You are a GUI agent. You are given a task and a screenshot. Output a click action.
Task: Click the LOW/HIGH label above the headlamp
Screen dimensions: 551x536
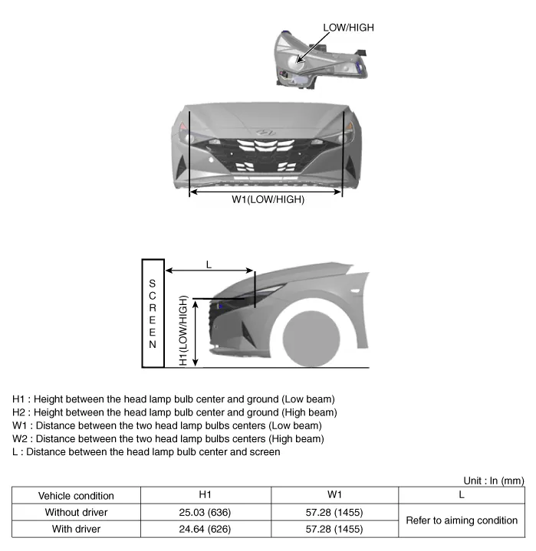tap(348, 28)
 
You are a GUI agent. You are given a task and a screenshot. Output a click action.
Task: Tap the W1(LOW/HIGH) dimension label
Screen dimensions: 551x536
tap(268, 200)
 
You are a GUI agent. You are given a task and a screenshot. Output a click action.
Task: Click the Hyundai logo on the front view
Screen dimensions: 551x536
tap(266, 133)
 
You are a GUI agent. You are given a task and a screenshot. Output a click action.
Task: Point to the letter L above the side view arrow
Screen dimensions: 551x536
tap(209, 264)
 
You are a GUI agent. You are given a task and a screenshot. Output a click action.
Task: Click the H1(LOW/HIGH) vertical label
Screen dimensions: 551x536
tap(184, 330)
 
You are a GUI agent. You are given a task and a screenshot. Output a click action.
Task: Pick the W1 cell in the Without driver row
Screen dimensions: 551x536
tap(333, 512)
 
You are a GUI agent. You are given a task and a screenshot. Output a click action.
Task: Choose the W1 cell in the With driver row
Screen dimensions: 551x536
tap(333, 528)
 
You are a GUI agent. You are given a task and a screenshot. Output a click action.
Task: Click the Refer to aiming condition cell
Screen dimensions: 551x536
tap(462, 520)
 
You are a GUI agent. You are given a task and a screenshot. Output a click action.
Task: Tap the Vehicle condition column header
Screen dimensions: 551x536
tap(76, 496)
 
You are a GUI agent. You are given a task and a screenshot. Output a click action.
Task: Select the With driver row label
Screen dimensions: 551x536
tap(76, 528)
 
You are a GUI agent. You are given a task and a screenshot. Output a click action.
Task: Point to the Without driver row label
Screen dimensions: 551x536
tap(76, 512)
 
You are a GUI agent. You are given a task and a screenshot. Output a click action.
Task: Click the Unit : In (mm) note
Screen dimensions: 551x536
tap(494, 480)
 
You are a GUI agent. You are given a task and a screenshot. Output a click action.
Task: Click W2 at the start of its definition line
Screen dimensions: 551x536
tap(20, 439)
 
